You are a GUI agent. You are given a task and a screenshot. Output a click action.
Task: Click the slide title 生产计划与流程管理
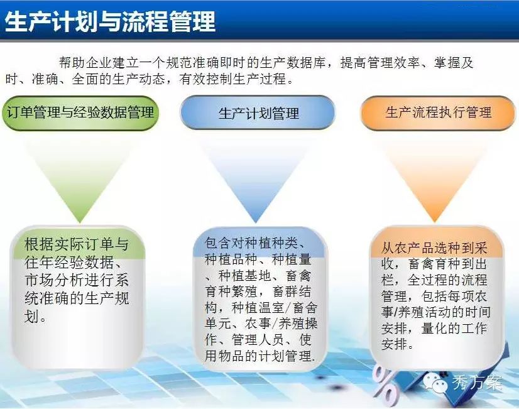click(x=110, y=22)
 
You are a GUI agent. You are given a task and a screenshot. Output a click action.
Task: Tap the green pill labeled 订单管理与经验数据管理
click(x=80, y=112)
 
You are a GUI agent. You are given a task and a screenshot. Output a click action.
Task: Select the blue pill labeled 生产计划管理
click(x=258, y=112)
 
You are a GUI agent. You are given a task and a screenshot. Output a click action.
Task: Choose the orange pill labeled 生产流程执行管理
click(x=438, y=112)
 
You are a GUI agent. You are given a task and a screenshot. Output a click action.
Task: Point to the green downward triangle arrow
click(x=80, y=178)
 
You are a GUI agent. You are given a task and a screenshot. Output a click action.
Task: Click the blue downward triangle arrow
click(x=256, y=178)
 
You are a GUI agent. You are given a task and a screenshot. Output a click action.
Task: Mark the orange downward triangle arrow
click(x=435, y=178)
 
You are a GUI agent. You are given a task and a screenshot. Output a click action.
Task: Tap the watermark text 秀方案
click(x=477, y=383)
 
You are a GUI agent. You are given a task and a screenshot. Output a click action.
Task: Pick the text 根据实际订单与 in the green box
click(x=77, y=244)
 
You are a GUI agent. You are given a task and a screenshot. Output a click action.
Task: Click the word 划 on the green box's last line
click(x=32, y=317)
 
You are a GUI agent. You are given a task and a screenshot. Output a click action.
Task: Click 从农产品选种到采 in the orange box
click(x=434, y=248)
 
